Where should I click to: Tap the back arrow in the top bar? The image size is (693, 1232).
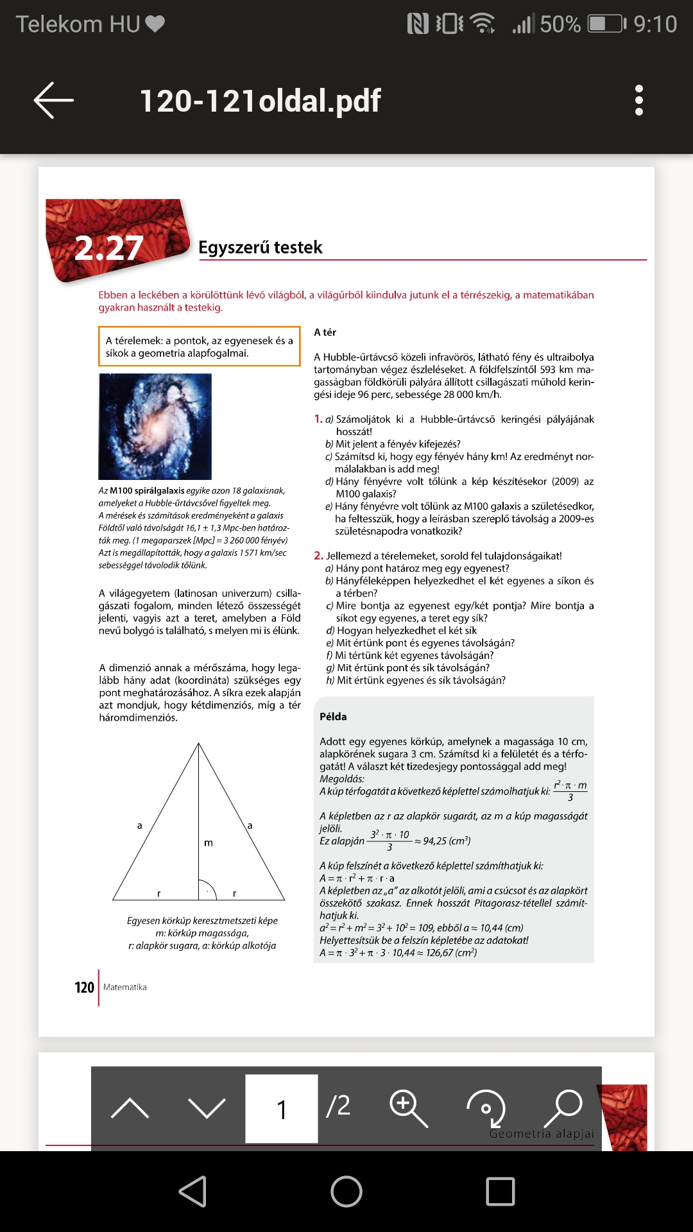point(54,100)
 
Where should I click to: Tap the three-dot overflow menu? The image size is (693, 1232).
point(638,100)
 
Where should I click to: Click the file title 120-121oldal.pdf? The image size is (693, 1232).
point(260,101)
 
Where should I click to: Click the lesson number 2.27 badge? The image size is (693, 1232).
point(109,248)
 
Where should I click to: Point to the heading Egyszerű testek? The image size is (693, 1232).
point(260,247)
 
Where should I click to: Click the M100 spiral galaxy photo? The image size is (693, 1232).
point(155,427)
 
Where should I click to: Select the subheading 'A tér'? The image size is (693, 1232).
point(325,332)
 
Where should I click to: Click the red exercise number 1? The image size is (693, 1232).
point(318,419)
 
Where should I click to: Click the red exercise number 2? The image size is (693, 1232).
point(318,556)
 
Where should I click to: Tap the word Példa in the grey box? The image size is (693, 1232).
point(333,716)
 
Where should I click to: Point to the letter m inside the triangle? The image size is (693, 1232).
point(208,843)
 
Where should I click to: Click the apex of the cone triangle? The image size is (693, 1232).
point(199,744)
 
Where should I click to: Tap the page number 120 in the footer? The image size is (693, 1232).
point(84,988)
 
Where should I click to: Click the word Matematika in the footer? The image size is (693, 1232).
point(125,987)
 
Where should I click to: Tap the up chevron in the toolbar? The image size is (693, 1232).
point(130,1108)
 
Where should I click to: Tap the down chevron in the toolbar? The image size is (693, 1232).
point(207,1108)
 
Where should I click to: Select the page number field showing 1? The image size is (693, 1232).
point(281,1108)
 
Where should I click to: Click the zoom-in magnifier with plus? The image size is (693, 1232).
point(408,1108)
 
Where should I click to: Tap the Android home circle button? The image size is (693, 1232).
point(346,1192)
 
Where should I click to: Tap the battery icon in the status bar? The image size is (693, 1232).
point(606,24)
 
